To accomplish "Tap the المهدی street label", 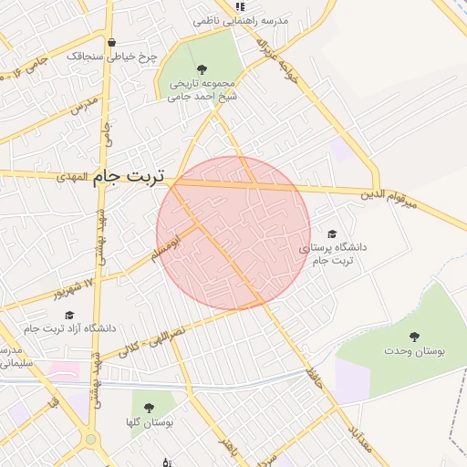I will [x=70, y=175].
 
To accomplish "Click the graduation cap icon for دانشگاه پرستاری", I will [x=331, y=233].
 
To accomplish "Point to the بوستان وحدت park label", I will [x=414, y=351].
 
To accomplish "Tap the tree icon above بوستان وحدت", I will [x=415, y=336].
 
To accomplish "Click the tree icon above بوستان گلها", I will [x=149, y=407].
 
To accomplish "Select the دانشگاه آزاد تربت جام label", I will [x=69, y=328].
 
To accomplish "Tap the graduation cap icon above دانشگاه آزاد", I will [x=69, y=315].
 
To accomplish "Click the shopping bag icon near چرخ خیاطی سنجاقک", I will [x=111, y=42].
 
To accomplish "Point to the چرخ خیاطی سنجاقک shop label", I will [x=111, y=57].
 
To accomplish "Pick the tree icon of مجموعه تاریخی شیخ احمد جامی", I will [x=202, y=69].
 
